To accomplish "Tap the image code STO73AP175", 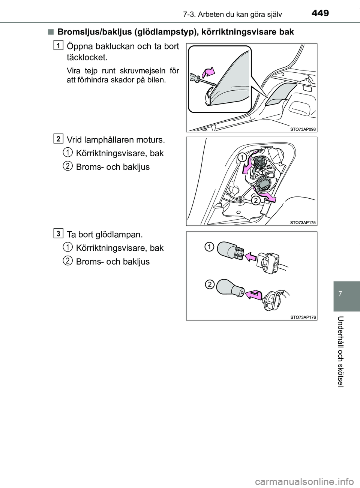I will point(303,223).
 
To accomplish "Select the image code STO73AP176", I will point(303,317).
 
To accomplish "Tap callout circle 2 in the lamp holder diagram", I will point(255,201).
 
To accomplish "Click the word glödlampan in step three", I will point(122,234).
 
